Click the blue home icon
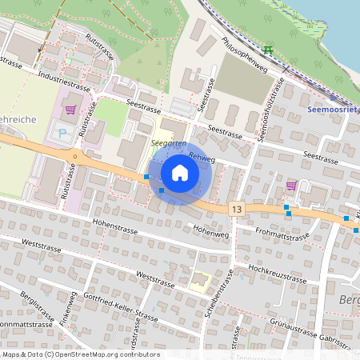pyautogui.click(x=180, y=172)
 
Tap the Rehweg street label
pyautogui.click(x=204, y=160)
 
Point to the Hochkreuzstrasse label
pyautogui.click(x=277, y=274)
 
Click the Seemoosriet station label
pyautogui.click(x=332, y=111)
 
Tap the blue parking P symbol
pyautogui.click(x=62, y=133)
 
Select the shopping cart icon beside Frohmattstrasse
pyautogui.click(x=291, y=186)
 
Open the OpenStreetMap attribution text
pyautogui.click(x=80, y=354)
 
